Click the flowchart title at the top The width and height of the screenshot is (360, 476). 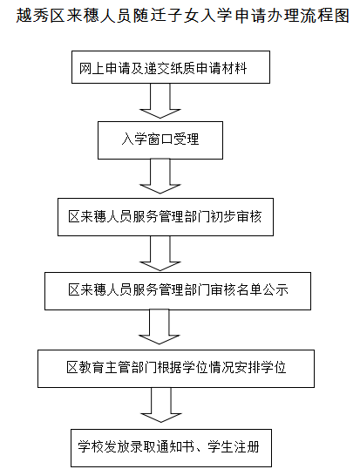pyautogui.click(x=183, y=16)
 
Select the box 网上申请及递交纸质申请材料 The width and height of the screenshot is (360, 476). pyautogui.click(x=171, y=67)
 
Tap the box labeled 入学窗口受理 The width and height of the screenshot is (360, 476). pyautogui.click(x=160, y=140)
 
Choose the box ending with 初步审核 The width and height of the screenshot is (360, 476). pyautogui.click(x=166, y=217)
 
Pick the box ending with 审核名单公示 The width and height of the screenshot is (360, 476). pyautogui.click(x=178, y=291)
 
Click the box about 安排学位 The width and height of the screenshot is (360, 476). pyautogui.click(x=176, y=369)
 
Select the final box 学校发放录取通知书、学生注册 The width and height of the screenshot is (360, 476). pyautogui.click(x=171, y=448)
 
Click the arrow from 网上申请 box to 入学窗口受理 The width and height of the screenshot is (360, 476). pyautogui.click(x=160, y=101)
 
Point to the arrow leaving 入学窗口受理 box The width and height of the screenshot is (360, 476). pyautogui.click(x=160, y=176)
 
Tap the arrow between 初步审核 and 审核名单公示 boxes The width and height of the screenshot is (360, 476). pyautogui.click(x=160, y=253)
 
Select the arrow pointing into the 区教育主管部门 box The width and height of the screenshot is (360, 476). pyautogui.click(x=159, y=327)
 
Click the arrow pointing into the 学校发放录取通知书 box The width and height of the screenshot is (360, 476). pyautogui.click(x=161, y=405)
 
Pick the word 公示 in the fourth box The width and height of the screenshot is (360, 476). pyautogui.click(x=275, y=290)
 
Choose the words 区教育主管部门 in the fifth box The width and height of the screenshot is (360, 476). pyautogui.click(x=112, y=368)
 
